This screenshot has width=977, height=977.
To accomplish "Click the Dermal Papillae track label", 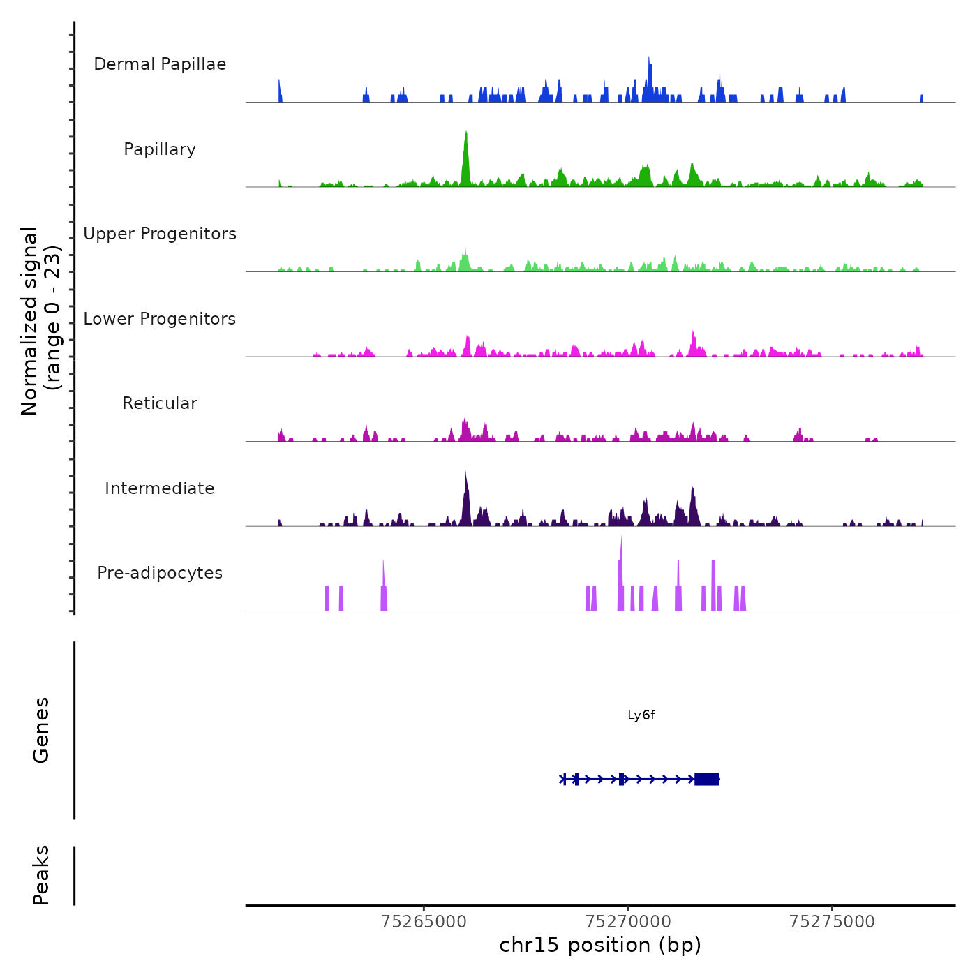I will (x=160, y=64).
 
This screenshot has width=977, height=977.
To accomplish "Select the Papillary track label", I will (x=160, y=149).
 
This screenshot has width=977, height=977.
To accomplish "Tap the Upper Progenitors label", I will (x=160, y=234).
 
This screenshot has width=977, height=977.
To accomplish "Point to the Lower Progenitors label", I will (x=160, y=319).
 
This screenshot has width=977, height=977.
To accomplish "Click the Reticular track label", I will (x=160, y=403).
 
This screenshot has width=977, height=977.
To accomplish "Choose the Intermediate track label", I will (x=160, y=488).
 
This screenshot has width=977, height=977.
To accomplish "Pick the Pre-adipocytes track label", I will (x=160, y=573).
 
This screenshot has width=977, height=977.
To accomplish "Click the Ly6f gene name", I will (x=641, y=715).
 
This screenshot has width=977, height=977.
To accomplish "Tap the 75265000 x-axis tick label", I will (x=424, y=922).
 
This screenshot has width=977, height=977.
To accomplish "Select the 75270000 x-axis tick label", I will (x=628, y=922).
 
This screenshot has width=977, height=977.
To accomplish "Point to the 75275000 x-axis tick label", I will (x=832, y=922).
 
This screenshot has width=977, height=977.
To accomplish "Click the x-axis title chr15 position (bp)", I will (x=600, y=946).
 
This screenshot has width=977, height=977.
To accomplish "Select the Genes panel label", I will (x=41, y=730).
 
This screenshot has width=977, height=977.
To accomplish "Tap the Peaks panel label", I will (x=41, y=875).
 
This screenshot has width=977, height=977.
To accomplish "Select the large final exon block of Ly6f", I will (x=707, y=779).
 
